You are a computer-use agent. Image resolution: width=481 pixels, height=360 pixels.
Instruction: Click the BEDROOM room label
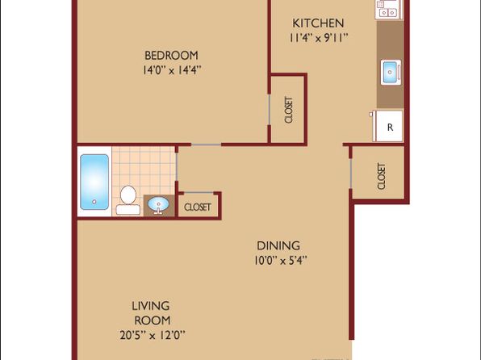coord(171,56)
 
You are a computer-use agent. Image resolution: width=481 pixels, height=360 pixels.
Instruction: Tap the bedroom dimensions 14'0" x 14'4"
coord(171,70)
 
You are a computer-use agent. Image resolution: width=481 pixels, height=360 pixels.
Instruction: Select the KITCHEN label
coord(318,23)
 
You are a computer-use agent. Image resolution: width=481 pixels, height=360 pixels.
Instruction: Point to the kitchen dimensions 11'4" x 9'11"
coord(319,38)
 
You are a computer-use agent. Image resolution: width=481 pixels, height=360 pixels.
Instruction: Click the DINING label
coord(278,246)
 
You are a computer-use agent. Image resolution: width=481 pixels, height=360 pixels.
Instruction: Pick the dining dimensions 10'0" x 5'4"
coord(280,261)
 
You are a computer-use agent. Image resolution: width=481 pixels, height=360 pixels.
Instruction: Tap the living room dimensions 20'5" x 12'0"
coord(153,335)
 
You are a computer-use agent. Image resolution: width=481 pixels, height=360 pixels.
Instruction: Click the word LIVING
coord(151,306)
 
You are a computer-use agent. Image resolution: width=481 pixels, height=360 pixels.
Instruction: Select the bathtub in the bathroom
coord(94,182)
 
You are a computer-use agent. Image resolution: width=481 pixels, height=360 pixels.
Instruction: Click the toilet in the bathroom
coord(128,200)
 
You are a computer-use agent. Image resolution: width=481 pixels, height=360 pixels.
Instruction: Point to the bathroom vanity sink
coord(158,204)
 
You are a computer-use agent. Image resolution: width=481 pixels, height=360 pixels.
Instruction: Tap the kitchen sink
coord(391,73)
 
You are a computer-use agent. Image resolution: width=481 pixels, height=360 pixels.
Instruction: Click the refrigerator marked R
coord(388,126)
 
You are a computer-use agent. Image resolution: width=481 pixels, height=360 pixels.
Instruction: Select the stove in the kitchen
coord(388,9)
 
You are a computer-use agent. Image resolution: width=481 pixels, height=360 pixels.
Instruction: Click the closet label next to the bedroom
coord(289,110)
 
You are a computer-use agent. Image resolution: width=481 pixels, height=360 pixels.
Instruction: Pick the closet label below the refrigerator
coord(381,176)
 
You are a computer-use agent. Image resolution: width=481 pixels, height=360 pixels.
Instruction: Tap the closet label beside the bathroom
coord(198,207)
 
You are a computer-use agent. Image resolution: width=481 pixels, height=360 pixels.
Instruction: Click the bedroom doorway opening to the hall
coord(206,144)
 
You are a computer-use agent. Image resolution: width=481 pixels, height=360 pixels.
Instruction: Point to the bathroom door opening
coord(177,166)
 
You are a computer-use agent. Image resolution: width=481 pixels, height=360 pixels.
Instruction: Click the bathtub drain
coord(94,202)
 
